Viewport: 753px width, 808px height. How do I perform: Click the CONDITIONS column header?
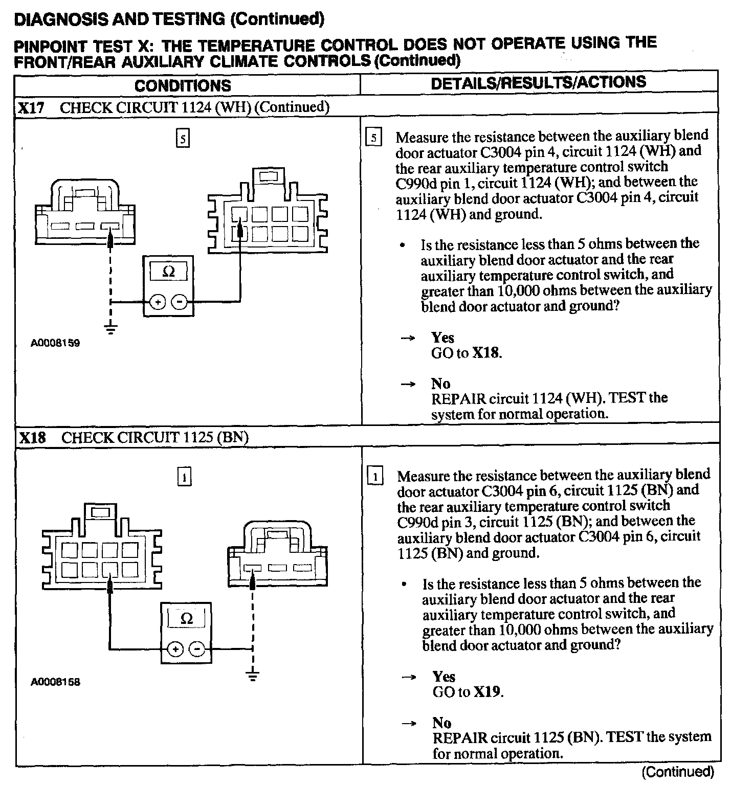183,85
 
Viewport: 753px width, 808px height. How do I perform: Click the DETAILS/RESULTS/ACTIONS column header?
538,83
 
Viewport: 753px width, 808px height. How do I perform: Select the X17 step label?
31,108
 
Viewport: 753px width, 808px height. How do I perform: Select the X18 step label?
32,438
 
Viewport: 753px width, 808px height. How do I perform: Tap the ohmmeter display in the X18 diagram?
186,619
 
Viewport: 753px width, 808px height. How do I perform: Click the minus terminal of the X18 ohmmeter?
197,649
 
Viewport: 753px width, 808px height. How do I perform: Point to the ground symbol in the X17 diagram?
110,328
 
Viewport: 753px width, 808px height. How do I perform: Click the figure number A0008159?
55,343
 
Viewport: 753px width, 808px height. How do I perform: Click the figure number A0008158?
55,682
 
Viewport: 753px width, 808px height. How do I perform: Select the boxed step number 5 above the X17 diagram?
183,139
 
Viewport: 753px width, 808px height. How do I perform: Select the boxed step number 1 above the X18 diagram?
184,477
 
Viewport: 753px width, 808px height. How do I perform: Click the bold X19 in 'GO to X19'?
486,692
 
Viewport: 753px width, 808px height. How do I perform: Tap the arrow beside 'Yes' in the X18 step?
409,677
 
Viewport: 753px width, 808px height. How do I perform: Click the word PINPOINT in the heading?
50,47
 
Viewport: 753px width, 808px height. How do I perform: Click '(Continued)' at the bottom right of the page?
677,772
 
